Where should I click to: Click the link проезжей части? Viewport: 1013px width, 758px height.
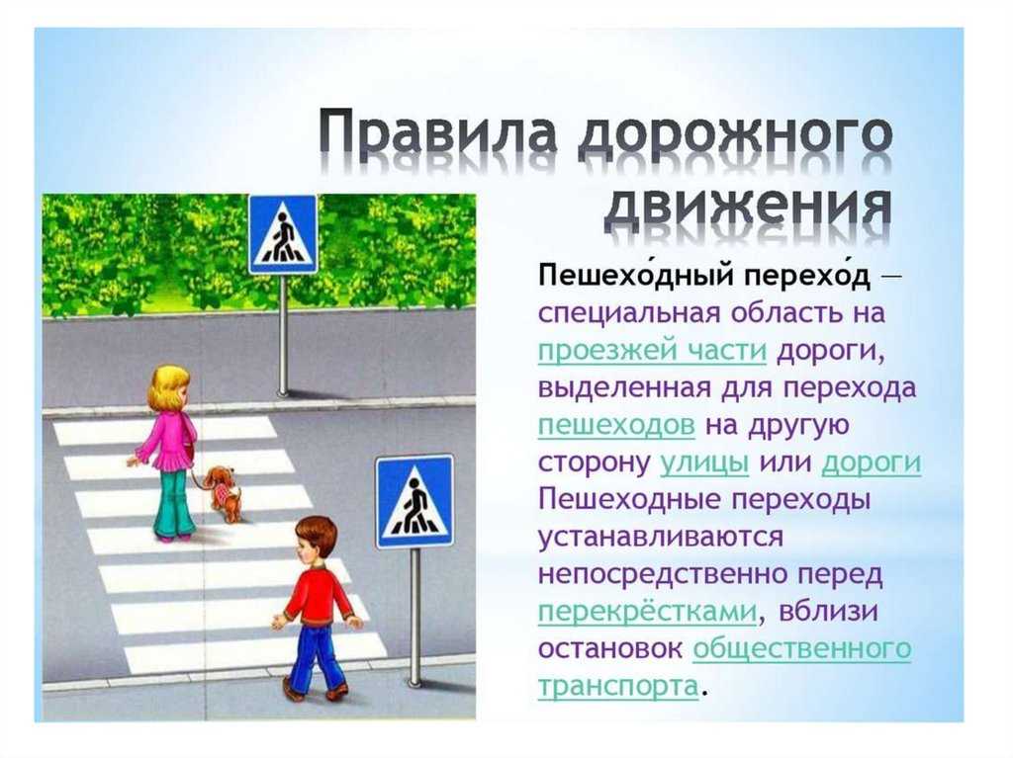[x=652, y=351]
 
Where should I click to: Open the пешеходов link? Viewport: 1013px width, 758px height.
[x=616, y=426]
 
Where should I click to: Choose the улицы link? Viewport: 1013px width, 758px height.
[x=704, y=463]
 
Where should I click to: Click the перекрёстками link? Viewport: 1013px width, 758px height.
[x=647, y=612]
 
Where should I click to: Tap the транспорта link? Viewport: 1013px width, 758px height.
[x=618, y=686]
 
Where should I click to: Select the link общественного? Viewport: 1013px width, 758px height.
[x=801, y=648]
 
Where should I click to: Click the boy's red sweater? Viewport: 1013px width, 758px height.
[x=319, y=594]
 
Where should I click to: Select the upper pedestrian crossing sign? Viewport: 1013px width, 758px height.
[x=283, y=234]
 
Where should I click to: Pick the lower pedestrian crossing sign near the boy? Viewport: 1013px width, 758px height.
[x=414, y=502]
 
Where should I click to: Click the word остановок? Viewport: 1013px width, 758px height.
[x=609, y=649]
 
